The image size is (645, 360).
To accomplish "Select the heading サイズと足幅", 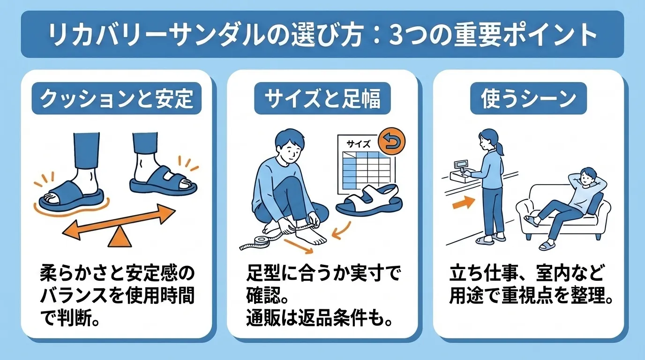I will tap(322, 99).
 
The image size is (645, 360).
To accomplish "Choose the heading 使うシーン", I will tap(528, 99).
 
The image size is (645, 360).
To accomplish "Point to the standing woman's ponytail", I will tap(501, 149).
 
